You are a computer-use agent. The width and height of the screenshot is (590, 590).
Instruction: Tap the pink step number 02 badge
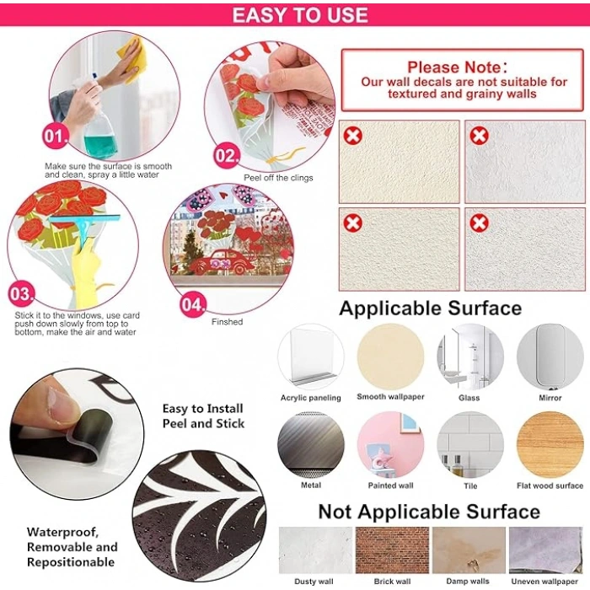click(x=227, y=155)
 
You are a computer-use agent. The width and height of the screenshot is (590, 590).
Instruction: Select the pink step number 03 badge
click(x=21, y=293)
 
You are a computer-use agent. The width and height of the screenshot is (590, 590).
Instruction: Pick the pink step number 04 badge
click(x=193, y=304)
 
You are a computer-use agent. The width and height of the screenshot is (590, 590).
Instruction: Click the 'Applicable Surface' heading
click(x=430, y=308)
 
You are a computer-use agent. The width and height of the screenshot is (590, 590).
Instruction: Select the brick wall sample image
click(x=392, y=550)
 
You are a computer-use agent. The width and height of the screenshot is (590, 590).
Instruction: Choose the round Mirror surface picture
click(x=550, y=357)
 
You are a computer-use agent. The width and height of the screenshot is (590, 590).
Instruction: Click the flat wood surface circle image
click(x=550, y=445)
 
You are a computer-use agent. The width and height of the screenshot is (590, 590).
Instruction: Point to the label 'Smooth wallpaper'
click(x=390, y=397)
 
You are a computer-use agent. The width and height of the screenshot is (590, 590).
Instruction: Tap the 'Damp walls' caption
click(x=468, y=581)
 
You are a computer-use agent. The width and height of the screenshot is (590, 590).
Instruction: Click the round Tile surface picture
click(x=470, y=445)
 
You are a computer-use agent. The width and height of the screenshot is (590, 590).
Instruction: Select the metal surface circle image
click(x=311, y=445)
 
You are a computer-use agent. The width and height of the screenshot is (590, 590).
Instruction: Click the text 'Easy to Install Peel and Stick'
click(x=203, y=416)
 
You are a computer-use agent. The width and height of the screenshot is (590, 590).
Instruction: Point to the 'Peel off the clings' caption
click(x=278, y=178)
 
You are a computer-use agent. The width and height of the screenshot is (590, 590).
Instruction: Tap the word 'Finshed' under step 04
click(x=227, y=322)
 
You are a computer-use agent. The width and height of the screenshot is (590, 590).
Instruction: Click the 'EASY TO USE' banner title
click(x=300, y=15)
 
